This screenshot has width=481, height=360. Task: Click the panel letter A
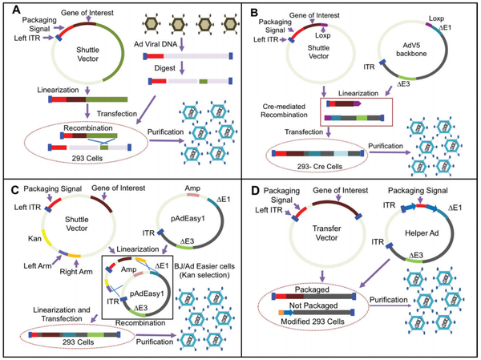16,10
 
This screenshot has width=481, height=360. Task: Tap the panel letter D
256,191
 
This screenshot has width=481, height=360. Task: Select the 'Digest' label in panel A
164,68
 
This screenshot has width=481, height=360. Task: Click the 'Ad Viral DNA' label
156,44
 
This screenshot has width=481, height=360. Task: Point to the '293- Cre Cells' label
320,167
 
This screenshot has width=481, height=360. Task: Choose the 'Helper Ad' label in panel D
422,233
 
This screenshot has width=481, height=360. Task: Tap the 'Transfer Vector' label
327,233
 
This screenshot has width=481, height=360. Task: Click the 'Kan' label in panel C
34,238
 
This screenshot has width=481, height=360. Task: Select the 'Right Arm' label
76,272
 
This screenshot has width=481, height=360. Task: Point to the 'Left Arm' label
38,265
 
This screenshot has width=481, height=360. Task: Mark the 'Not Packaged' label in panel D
313,305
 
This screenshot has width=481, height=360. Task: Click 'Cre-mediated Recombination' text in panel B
284,111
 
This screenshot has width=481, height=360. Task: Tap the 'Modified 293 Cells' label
313,322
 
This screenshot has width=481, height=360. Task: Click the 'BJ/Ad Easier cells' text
204,266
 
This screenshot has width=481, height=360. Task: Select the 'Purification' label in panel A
166,132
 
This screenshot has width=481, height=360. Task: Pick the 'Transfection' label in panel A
117,114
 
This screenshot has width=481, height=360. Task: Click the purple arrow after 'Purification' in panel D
390,306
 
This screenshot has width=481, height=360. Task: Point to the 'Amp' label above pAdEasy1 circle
192,188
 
